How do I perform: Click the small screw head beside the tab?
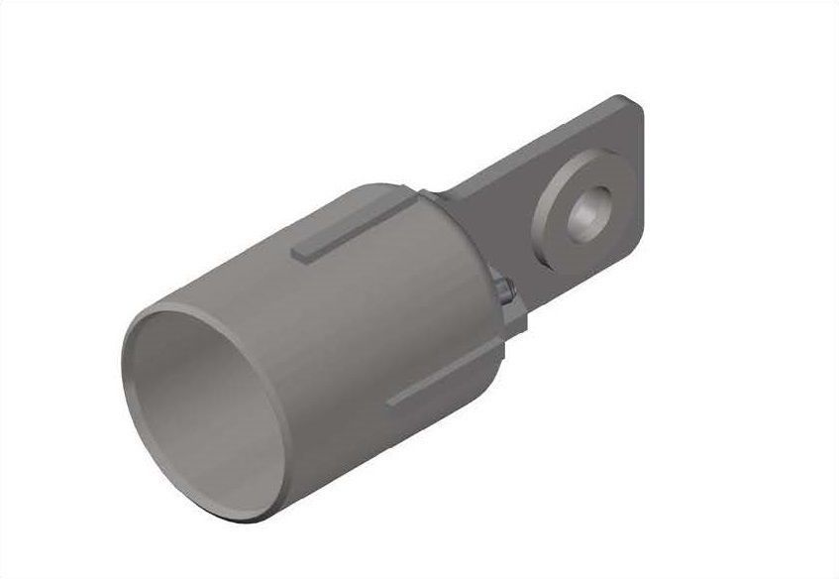tap(506, 289)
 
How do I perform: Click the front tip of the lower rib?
tap(391, 402)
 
